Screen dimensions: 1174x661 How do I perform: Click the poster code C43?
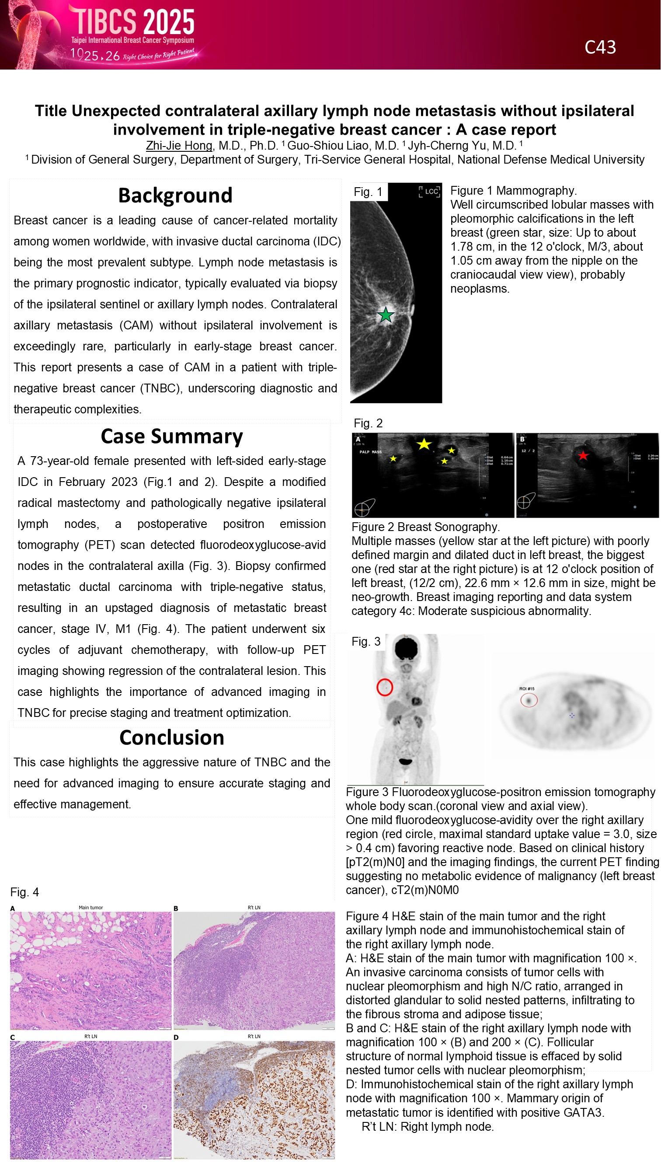click(x=600, y=47)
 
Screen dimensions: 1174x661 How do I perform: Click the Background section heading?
click(x=175, y=196)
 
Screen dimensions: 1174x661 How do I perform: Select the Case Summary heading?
click(x=172, y=436)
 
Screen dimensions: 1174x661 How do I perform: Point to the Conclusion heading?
click(x=172, y=737)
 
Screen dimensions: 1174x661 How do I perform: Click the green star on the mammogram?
click(x=386, y=314)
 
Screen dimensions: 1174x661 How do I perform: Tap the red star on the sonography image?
click(x=583, y=455)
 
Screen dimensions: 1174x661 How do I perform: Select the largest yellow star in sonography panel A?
click(x=424, y=444)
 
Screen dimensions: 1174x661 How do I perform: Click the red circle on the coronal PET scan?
click(x=384, y=687)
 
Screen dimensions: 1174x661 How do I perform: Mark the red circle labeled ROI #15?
click(x=529, y=699)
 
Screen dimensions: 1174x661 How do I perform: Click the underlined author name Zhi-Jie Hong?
click(x=179, y=146)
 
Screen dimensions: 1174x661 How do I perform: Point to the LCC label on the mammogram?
click(x=431, y=192)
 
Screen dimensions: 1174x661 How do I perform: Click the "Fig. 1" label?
click(x=368, y=192)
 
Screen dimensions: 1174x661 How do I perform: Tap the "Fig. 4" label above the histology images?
click(x=24, y=892)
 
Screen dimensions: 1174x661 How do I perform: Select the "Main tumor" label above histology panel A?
click(x=90, y=907)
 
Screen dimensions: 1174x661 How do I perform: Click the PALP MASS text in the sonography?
click(x=370, y=452)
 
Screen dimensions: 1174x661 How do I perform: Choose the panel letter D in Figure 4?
click(x=176, y=1037)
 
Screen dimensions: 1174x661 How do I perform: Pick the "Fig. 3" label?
click(x=365, y=642)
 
